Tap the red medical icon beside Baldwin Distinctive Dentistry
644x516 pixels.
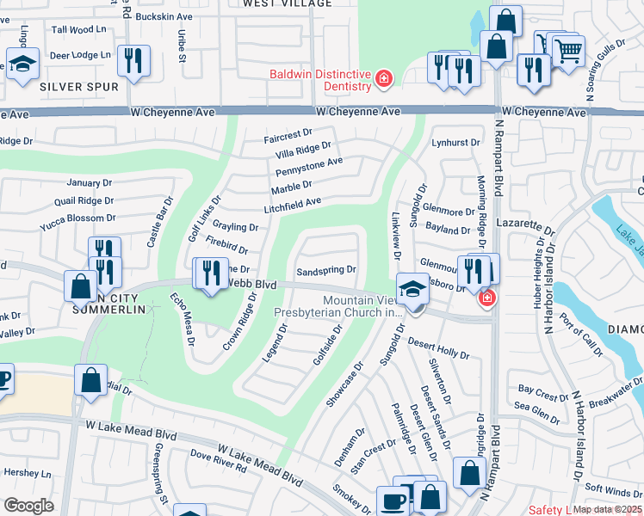pos(383,81)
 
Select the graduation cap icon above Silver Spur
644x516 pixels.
pos(22,63)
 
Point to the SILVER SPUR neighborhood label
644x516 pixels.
pos(78,87)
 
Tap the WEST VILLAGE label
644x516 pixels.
pos(287,4)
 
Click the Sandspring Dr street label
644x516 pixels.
pos(325,271)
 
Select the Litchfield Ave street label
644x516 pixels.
pos(292,203)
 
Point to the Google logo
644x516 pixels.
pos(28,506)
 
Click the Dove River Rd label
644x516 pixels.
pos(218,464)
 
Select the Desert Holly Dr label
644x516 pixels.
pos(438,348)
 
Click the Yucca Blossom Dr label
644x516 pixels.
pos(77,218)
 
